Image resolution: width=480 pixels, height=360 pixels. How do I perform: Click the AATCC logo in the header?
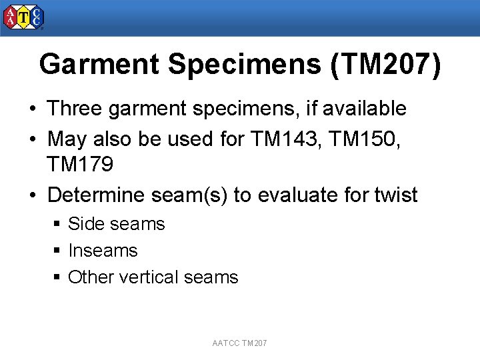click(24, 18)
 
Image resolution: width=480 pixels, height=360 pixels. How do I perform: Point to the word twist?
click(395, 195)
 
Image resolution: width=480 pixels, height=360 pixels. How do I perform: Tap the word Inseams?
click(103, 251)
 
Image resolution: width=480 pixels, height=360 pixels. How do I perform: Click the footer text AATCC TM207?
click(239, 343)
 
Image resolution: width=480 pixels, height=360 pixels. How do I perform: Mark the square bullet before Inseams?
click(58, 251)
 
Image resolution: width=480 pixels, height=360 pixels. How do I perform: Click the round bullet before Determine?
click(33, 195)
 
